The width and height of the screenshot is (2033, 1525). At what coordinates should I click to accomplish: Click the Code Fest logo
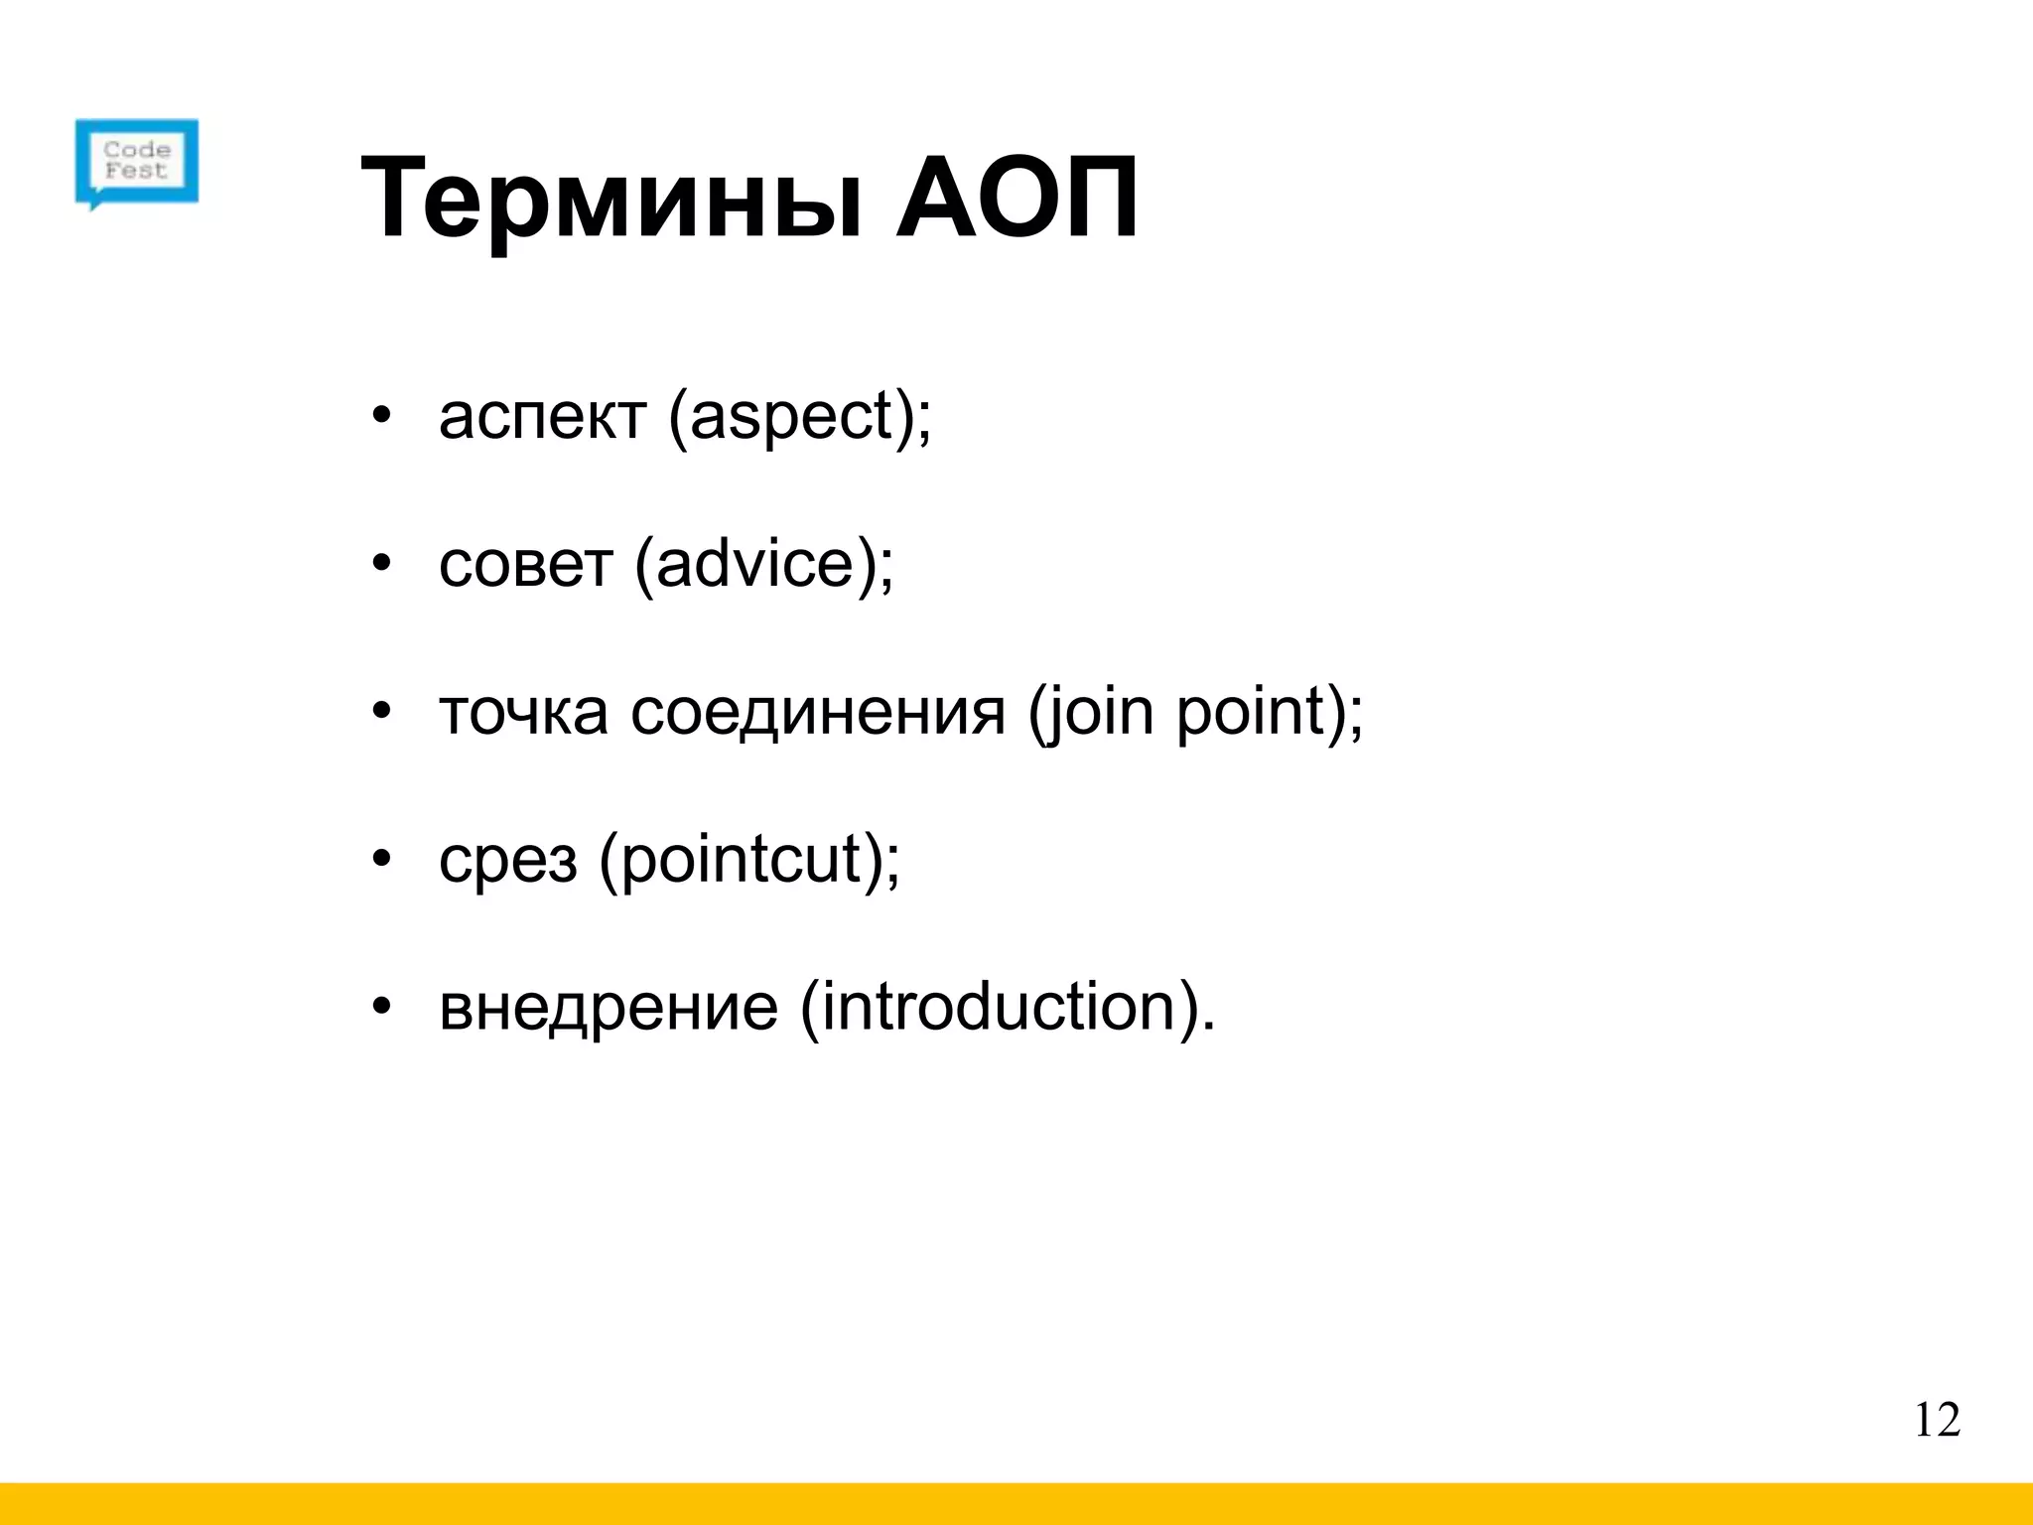137,163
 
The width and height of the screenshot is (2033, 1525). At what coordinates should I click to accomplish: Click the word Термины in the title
611,199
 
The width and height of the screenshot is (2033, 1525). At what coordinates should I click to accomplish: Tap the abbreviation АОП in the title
1016,199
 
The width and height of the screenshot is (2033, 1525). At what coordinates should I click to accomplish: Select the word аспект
542,417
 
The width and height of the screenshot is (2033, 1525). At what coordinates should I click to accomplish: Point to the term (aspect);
800,417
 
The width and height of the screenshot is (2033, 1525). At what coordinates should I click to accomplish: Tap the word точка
523,713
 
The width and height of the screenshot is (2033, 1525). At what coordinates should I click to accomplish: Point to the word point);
1270,713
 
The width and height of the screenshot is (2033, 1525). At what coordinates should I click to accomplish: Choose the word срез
507,860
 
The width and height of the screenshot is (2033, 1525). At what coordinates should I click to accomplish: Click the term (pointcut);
749,860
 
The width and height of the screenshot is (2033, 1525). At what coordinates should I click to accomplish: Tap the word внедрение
609,1007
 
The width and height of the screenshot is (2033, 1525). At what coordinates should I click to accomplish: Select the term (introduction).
1008,1007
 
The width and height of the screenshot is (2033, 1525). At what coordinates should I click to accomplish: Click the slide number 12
1937,1421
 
